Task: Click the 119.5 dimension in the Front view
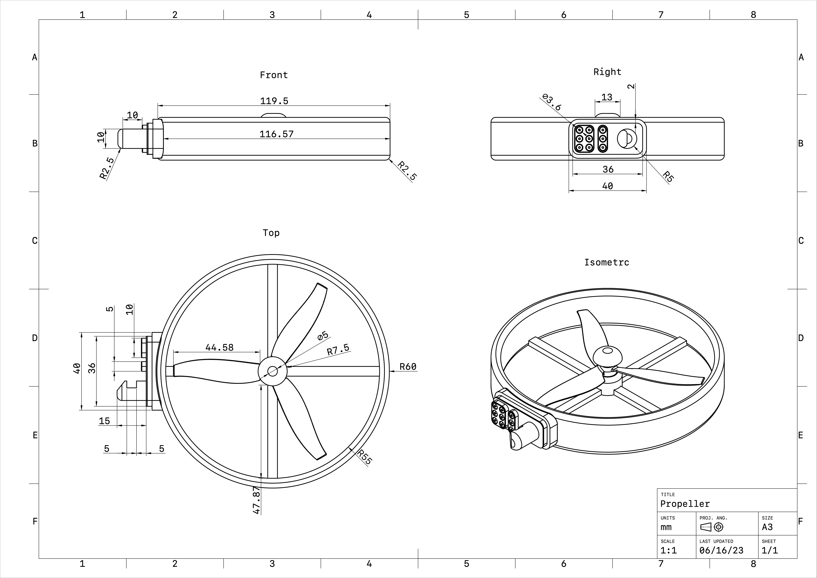[274, 101]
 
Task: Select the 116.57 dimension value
[276, 134]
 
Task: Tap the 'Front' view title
[274, 75]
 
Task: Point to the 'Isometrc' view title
[607, 262]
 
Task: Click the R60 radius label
[408, 367]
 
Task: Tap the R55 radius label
[364, 457]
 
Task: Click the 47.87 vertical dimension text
[257, 500]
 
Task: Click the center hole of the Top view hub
[272, 371]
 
